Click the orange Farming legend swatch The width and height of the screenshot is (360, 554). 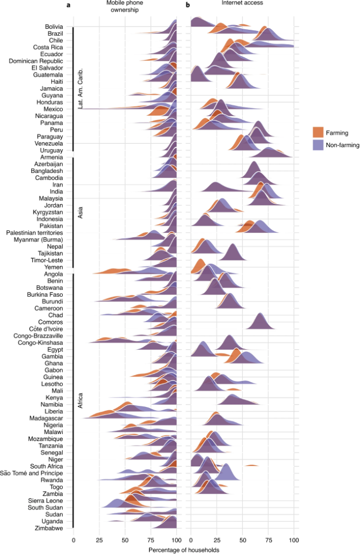(x=318, y=132)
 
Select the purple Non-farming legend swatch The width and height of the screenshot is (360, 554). (x=318, y=145)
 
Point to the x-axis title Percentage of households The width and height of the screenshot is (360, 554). (x=183, y=549)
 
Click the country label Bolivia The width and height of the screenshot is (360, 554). (x=54, y=26)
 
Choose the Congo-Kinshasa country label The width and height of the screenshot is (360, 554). (x=42, y=343)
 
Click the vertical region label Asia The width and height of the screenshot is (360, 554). (x=80, y=213)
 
